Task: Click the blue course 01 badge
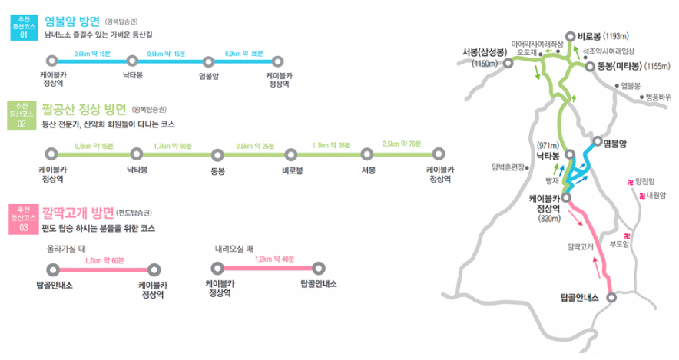click(x=23, y=25)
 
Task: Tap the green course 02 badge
click(x=23, y=114)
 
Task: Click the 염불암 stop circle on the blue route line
click(x=207, y=59)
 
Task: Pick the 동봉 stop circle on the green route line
click(x=217, y=153)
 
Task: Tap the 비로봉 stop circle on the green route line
click(x=291, y=153)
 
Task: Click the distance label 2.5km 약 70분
click(x=402, y=144)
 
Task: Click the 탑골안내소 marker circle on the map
click(x=612, y=297)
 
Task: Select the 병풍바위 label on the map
click(x=658, y=97)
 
